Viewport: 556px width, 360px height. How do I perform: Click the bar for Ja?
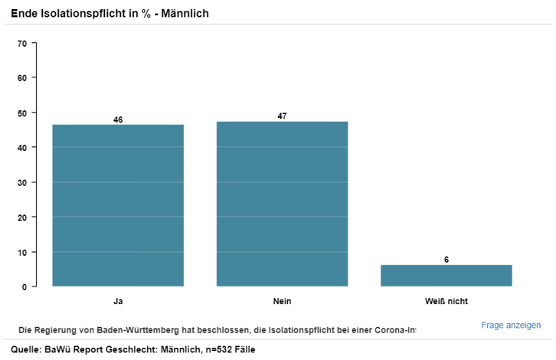118,205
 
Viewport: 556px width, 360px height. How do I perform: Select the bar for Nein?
282,204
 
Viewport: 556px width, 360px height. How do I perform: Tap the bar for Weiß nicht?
446,276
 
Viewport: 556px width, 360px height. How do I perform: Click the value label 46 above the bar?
118,119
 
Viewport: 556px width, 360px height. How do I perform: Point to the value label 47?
282,116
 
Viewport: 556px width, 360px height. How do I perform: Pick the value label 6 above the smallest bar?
446,260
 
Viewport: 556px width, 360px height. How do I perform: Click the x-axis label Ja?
118,301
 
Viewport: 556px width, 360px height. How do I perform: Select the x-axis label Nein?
282,301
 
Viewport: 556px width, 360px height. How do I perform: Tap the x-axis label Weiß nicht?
446,301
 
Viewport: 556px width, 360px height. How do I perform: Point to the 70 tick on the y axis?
22,44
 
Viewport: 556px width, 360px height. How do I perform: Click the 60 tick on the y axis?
22,78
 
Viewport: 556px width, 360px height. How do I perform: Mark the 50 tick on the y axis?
22,113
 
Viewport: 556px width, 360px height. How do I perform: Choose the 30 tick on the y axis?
22,182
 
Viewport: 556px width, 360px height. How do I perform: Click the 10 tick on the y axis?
22,252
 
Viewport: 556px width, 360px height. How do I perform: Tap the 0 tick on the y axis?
25,286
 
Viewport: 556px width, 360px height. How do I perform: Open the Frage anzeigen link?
511,325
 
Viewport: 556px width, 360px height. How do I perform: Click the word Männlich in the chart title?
184,14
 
